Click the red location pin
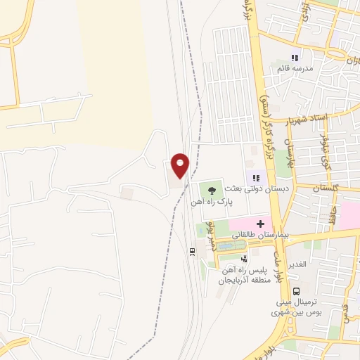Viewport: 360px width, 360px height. click(x=181, y=165)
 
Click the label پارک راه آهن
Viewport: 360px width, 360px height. click(x=210, y=202)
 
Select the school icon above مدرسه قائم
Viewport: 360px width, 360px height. click(x=295, y=57)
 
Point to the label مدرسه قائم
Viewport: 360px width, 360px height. click(x=291, y=68)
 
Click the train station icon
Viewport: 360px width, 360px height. click(x=191, y=250)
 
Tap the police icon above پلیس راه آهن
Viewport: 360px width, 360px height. click(x=243, y=259)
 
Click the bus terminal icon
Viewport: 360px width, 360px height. click(x=297, y=290)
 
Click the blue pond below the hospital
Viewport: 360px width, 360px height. click(x=233, y=245)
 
